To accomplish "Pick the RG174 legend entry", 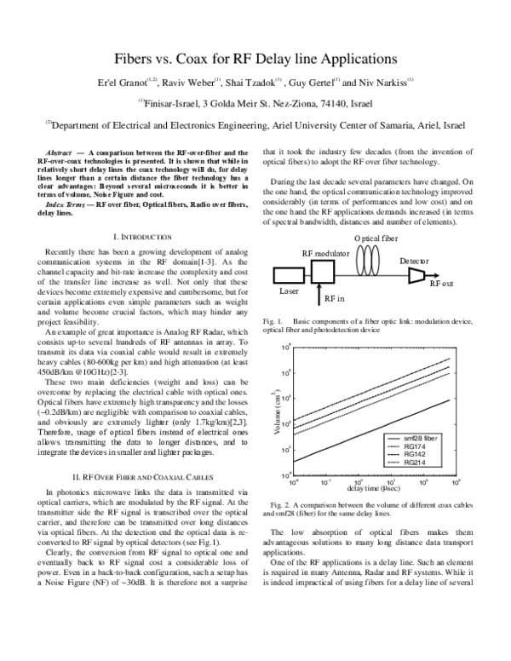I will (x=414, y=445).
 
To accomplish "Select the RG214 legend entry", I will (x=414, y=463).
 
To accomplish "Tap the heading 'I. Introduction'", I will (x=142, y=236).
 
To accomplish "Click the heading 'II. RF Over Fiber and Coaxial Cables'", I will (x=142, y=475).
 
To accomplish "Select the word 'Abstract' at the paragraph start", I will (x=59, y=152).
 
